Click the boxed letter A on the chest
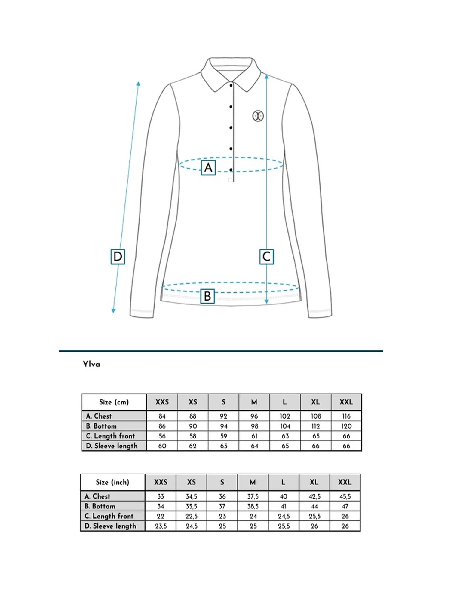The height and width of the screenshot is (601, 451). coord(208,168)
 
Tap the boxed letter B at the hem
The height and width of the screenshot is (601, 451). coord(207,296)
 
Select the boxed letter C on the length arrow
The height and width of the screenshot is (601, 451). coord(266,257)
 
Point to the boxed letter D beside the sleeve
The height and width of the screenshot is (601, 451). coord(118,257)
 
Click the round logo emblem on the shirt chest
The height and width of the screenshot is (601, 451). coord(258,116)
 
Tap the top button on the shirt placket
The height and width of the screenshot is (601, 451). coord(231,86)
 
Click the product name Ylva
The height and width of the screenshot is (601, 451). coord(91,364)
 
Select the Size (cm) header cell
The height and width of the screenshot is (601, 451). coord(114,402)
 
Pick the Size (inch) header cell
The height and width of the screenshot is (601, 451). coord(112,482)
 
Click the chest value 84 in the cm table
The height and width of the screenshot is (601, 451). coord(162,416)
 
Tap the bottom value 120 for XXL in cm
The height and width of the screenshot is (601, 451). coord(346,426)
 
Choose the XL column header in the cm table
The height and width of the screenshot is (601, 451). coord(315,402)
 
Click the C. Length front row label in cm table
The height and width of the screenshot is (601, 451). coord(114,436)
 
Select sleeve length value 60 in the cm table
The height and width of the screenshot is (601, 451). coord(162,446)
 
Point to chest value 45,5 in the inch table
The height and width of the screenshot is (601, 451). coord(345,496)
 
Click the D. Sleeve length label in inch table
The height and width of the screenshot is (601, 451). coord(112,526)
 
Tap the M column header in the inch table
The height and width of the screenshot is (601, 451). coord(253,482)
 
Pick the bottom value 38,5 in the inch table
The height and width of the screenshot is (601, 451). coord(253,506)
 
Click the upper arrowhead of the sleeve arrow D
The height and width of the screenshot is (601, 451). coord(138,83)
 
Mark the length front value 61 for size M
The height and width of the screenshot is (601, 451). coord(254,436)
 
